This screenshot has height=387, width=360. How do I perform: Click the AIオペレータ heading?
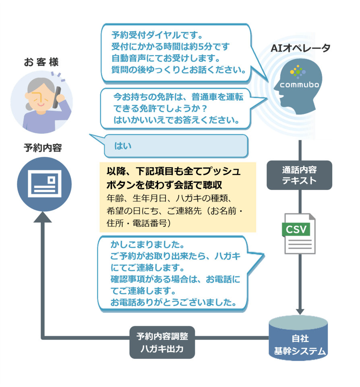point(300,48)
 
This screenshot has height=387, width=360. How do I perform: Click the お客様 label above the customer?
point(41,62)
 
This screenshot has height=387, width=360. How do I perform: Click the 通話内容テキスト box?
point(299,175)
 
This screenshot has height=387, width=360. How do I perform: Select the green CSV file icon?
point(300,233)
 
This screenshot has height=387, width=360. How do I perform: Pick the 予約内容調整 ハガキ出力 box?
point(162,342)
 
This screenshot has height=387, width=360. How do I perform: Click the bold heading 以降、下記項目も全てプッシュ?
point(173,171)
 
